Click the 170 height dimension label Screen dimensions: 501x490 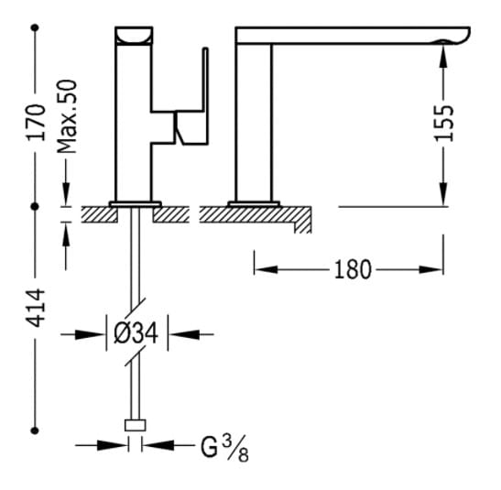coord(36,122)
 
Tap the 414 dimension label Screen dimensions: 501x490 coord(36,308)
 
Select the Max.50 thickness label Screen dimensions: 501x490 coord(68,116)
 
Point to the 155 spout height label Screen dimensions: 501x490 coord(443,123)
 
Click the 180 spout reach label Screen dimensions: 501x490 coord(353,270)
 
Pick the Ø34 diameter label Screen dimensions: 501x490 coord(136,333)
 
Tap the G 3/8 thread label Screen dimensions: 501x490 coord(224,448)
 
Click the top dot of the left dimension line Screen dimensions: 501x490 coord(35,27)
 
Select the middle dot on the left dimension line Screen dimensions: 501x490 coord(35,207)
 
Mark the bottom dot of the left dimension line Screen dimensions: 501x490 coord(35,430)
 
